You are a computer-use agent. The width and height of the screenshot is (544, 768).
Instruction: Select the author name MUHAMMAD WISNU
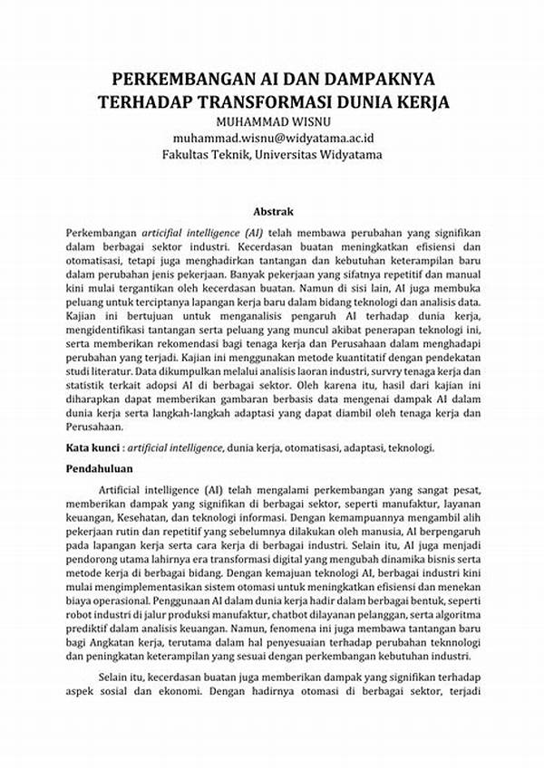click(272, 120)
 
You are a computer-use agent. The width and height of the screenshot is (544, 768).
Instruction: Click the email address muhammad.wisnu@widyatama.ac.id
click(272, 138)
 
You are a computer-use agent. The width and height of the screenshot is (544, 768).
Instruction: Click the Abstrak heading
click(272, 210)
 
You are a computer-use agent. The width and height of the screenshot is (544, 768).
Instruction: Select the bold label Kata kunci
click(94, 447)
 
